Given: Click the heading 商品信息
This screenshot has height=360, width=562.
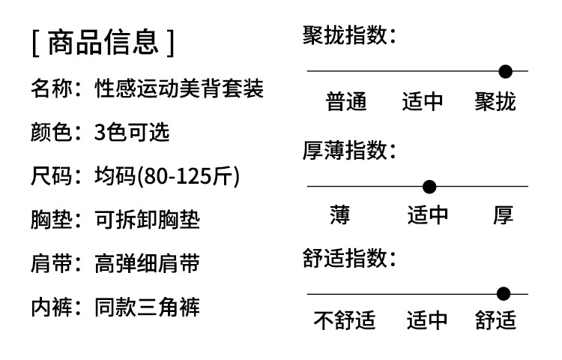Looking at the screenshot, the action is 103,42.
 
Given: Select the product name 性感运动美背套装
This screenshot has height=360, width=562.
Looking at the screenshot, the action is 179,88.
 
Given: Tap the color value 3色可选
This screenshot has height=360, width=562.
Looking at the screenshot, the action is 132,132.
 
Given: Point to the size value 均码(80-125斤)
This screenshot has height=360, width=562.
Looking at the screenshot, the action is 167,176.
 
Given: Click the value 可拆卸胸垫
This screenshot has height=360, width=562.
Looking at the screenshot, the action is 147,220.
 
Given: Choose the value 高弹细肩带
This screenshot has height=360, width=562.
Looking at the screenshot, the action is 147,263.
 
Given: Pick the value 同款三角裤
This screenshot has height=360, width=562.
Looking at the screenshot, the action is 147,307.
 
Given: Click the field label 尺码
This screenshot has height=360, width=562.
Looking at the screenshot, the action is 51,176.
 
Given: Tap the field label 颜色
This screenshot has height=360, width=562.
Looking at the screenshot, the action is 51,132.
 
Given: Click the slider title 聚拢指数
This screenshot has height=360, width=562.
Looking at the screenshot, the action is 345,35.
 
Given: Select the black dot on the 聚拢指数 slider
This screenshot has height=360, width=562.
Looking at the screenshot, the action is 505,71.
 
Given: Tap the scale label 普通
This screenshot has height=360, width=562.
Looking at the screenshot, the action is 346,101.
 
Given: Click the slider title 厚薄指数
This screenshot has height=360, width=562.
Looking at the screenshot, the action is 345,150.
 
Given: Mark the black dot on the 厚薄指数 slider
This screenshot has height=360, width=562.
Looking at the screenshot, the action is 429,187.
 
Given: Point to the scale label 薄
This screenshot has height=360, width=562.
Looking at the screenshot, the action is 339,215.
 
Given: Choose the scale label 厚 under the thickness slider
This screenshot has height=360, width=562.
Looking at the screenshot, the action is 504,215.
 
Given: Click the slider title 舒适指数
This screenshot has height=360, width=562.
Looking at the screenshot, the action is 345,258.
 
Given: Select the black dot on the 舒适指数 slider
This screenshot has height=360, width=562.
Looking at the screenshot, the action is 504,294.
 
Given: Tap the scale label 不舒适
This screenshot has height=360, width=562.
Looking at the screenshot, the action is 345,320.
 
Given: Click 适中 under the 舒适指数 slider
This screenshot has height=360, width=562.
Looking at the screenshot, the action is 427,320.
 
